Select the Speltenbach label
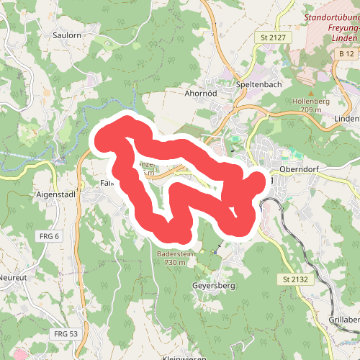pyautogui.click(x=258, y=84)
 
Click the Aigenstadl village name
pyautogui.click(x=55, y=194)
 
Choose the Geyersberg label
pyautogui.click(x=215, y=285)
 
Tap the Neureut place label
pyautogui.click(x=12, y=277)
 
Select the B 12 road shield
pyautogui.click(x=346, y=53)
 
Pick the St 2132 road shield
pyautogui.click(x=295, y=279)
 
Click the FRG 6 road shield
pyautogui.click(x=48, y=236)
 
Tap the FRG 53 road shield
pyautogui.click(x=66, y=333)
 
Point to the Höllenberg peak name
pyautogui.click(x=311, y=102)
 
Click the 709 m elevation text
pyautogui.click(x=311, y=110)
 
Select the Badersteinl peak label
pyautogui.click(x=175, y=254)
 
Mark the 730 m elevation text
pyautogui.click(x=175, y=263)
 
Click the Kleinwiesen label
pyautogui.click(x=184, y=358)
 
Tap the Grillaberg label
pyautogui.click(x=343, y=319)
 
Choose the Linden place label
pyautogui.click(x=347, y=118)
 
